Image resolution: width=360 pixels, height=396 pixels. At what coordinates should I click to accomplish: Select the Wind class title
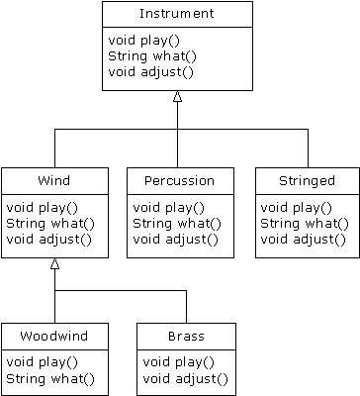pos(53,182)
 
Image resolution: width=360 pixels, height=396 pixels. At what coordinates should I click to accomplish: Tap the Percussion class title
pos(181,182)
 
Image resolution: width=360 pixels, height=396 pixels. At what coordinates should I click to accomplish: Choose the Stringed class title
pos(308,182)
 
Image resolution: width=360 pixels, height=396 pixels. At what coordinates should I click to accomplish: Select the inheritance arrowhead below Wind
pos(55,263)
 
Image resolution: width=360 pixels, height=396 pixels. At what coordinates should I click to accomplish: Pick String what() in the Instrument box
pos(143,55)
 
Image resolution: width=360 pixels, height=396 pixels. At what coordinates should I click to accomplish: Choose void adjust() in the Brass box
pos(186,378)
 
